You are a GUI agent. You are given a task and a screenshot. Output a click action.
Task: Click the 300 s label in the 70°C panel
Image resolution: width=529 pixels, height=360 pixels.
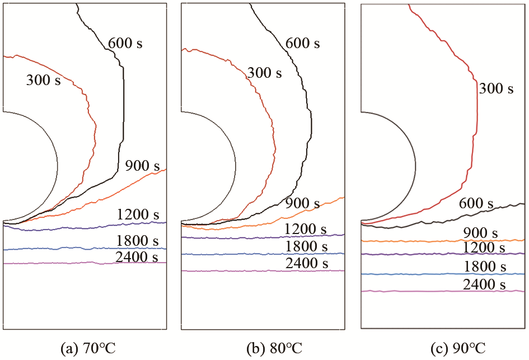[43, 80]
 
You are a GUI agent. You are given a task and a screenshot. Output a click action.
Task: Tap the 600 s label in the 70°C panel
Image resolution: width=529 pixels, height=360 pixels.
[125, 43]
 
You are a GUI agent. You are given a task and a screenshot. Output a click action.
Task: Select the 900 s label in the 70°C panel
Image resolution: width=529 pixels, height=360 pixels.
[142, 166]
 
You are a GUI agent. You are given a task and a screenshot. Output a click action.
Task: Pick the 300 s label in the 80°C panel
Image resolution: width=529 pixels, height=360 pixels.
[264, 73]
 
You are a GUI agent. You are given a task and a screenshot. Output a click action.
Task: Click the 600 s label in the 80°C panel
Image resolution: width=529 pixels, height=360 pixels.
[302, 43]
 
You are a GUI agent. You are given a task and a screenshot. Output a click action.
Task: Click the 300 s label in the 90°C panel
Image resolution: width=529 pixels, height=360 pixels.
[496, 88]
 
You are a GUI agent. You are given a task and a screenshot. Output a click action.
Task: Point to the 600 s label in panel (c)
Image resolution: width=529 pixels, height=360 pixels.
[476, 203]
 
